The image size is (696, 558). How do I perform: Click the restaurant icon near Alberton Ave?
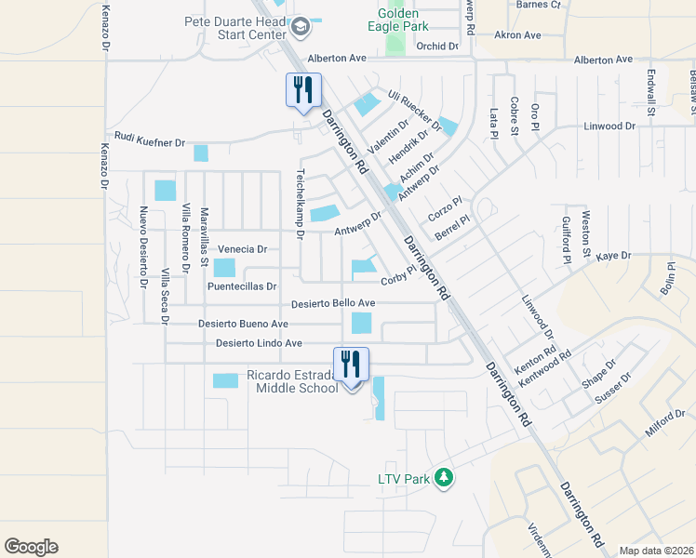(x=302, y=90)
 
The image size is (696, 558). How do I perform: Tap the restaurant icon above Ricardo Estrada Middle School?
(x=351, y=363)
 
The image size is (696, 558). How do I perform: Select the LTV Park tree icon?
(x=445, y=478)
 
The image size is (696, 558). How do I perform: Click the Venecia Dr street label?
(x=242, y=249)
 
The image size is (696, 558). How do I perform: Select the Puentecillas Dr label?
(x=242, y=286)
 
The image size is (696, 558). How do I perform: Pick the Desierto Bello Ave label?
(x=332, y=303)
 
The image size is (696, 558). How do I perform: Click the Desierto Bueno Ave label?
(x=243, y=324)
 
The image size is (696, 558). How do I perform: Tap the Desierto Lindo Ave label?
(x=259, y=343)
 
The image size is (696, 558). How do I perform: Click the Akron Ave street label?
(x=517, y=35)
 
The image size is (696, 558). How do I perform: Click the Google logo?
(x=31, y=547)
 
